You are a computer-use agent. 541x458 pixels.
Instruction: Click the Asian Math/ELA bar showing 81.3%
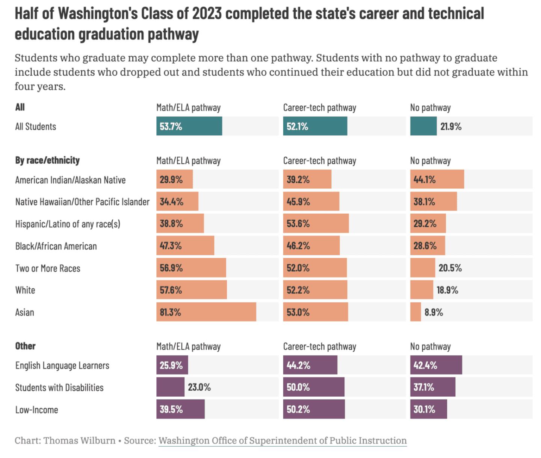point(206,312)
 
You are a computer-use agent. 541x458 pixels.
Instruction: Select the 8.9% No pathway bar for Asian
point(416,312)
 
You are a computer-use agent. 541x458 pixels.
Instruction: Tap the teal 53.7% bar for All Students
point(189,126)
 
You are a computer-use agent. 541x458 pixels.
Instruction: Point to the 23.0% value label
point(199,387)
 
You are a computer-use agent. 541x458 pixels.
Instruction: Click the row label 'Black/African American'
point(56,246)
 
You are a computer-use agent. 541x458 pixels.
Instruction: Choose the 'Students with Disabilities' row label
point(59,388)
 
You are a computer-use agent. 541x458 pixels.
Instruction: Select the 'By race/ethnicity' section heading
point(47,161)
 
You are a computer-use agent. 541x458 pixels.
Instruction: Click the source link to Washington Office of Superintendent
point(283,441)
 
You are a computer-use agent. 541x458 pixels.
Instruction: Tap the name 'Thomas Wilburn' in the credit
point(80,441)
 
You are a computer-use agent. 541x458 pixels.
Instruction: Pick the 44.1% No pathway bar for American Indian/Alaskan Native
point(437,179)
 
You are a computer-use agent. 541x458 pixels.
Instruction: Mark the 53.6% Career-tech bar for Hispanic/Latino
point(316,224)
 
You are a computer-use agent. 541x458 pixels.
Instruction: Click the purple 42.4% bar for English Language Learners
point(436,365)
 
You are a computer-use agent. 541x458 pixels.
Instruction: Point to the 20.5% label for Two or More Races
point(450,268)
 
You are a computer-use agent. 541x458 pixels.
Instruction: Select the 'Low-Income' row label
point(36,410)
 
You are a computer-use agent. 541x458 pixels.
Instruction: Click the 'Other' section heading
point(25,346)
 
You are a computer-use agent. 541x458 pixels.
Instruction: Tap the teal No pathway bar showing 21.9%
point(423,126)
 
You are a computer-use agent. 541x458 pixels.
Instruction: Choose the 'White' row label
point(25,290)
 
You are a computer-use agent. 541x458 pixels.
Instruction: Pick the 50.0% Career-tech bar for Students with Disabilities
point(314,387)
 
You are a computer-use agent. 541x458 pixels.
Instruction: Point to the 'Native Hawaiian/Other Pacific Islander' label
point(82,202)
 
